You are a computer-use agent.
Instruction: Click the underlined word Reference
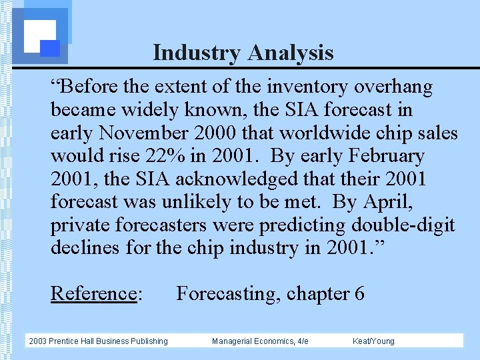point(94,293)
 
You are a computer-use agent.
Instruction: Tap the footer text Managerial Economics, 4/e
point(260,341)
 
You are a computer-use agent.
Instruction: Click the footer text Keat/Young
point(373,341)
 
